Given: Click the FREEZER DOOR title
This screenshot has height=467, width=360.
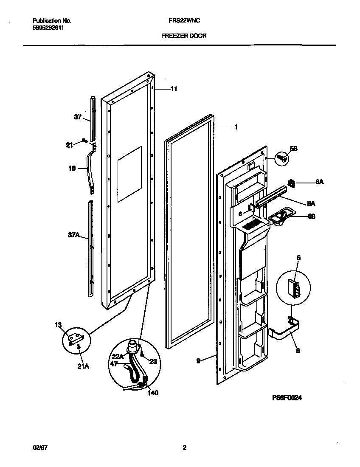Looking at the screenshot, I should tap(184, 36).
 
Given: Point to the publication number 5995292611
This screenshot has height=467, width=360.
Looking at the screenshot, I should tap(48, 27).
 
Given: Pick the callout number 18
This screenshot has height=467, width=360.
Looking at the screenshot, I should tap(72, 169).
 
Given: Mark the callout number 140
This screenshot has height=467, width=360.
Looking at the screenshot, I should tap(152, 393).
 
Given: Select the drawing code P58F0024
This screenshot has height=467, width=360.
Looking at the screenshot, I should tap(287, 398).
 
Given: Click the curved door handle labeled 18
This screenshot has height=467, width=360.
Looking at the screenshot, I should tap(90, 168).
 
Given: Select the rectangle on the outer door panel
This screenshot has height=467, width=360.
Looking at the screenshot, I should tap(129, 174).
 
